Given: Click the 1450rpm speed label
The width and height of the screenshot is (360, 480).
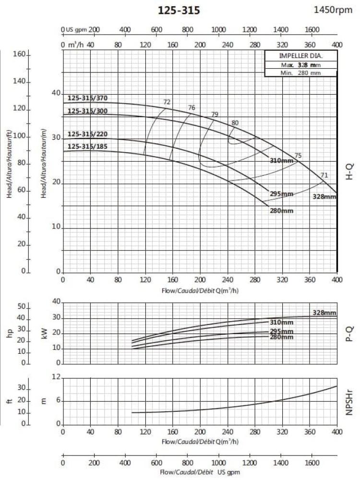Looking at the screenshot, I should point(333,10).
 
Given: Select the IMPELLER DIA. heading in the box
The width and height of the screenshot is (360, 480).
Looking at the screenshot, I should point(300,56).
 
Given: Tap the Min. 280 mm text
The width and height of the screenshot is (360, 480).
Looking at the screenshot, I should point(300,72).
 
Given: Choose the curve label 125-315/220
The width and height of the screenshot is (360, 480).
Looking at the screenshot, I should point(87,134).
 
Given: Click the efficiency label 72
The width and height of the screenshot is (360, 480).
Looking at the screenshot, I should point(167,102).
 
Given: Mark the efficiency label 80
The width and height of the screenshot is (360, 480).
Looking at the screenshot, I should point(235,123).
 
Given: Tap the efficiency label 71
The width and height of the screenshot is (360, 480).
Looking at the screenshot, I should point(324,175).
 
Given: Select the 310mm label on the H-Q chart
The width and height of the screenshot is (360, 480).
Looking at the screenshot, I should point(281,160).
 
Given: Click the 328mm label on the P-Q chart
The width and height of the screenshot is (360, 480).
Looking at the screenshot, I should point(324,313).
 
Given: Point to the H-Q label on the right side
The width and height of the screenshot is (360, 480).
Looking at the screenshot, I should point(349,171).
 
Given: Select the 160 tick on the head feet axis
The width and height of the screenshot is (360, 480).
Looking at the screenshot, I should point(19,54).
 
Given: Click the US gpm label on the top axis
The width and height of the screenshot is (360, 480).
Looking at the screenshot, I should point(77,30).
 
